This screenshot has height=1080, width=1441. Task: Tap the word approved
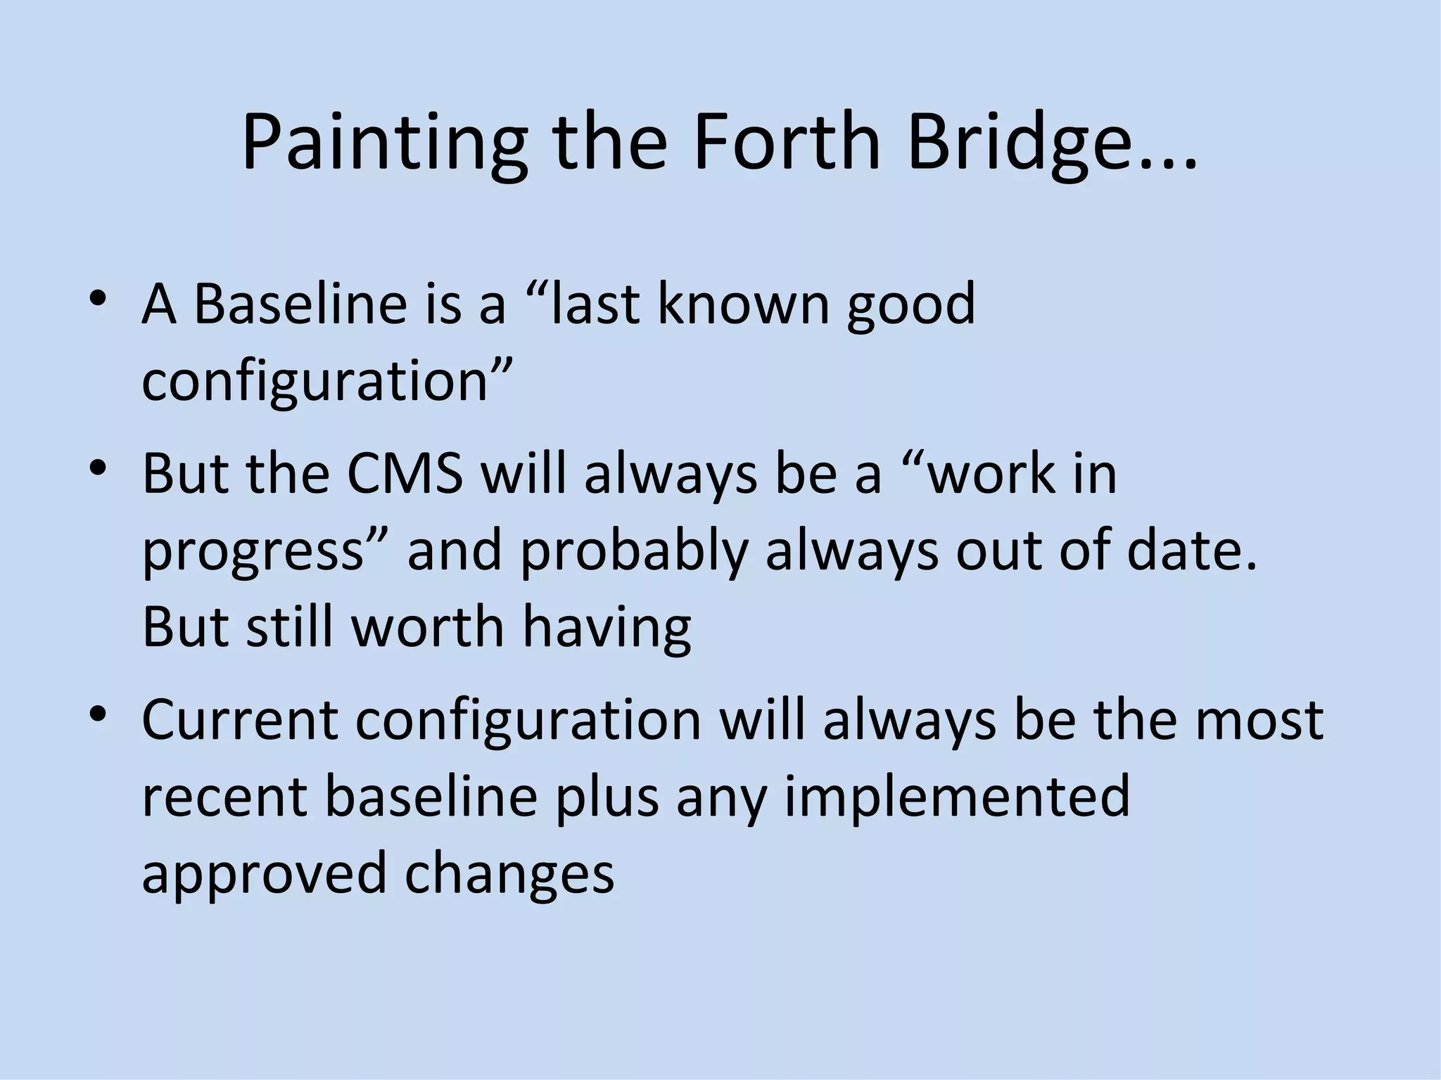click(x=264, y=873)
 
